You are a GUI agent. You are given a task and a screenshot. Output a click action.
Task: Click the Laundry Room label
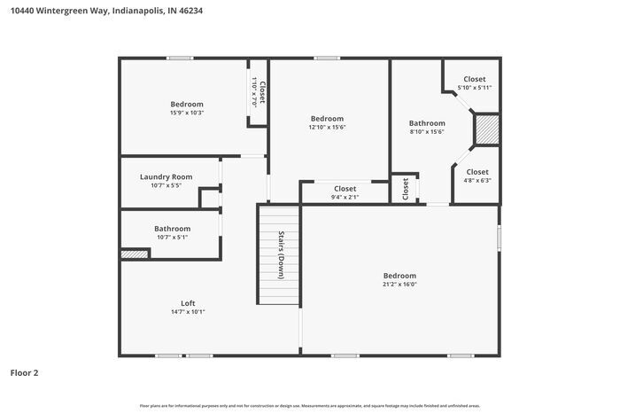point(166,176)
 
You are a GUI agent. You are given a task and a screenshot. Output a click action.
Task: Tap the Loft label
point(188,302)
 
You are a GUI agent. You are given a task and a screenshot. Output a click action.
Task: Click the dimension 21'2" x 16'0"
point(399,285)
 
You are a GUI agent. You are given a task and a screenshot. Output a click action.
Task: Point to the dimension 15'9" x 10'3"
point(187,113)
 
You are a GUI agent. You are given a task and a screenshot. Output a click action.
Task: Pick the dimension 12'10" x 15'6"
point(327,128)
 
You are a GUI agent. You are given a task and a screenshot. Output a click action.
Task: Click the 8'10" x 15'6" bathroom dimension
point(426,132)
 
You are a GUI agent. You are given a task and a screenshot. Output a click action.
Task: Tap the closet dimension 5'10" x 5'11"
point(474,88)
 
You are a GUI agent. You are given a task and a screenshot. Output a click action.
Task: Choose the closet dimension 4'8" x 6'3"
point(477,180)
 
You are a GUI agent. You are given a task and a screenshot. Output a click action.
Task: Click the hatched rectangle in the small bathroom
point(135,254)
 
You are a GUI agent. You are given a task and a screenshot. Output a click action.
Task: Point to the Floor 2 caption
point(24,373)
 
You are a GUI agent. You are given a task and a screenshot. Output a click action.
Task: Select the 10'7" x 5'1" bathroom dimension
point(172,238)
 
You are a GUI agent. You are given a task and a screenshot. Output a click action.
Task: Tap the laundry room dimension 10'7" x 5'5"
point(166,185)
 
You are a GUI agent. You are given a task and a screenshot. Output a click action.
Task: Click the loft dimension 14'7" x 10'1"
point(188,312)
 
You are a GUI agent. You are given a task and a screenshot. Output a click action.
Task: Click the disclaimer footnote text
point(309,405)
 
